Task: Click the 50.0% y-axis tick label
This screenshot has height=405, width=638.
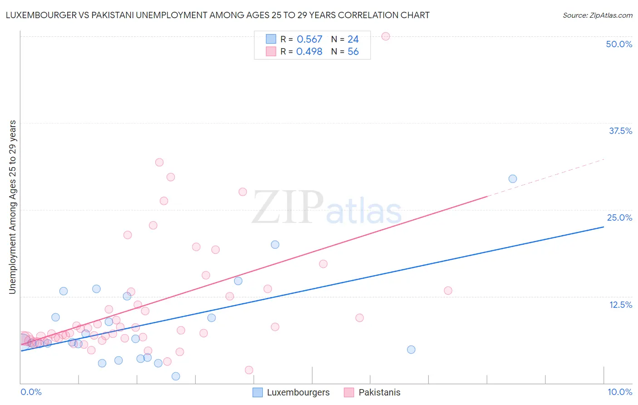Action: click(x=619, y=44)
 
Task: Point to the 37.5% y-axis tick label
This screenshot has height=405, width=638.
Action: click(x=620, y=131)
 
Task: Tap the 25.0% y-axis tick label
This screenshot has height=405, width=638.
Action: click(x=619, y=217)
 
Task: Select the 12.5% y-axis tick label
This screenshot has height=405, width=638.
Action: click(x=620, y=305)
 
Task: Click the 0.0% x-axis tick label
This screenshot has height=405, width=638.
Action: click(x=31, y=392)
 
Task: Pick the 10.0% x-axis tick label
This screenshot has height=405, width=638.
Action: click(x=619, y=392)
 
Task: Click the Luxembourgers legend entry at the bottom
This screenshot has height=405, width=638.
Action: click(x=291, y=392)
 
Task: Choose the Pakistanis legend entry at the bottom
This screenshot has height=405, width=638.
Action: click(x=372, y=392)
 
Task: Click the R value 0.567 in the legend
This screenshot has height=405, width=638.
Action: click(x=309, y=40)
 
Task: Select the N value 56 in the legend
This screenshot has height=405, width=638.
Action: click(x=353, y=52)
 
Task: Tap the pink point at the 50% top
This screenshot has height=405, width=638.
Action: click(x=386, y=36)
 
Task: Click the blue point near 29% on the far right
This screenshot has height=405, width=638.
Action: click(x=513, y=179)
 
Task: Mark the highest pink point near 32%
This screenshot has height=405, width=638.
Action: click(x=159, y=162)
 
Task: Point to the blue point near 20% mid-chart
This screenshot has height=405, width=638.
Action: click(x=275, y=244)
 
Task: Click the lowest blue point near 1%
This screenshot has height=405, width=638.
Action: click(x=176, y=376)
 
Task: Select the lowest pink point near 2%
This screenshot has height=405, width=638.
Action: click(x=249, y=370)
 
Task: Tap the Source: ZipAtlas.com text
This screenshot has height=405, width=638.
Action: click(x=597, y=15)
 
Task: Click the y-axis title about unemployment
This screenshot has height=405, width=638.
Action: click(x=12, y=207)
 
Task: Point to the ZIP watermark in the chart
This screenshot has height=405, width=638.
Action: click(x=288, y=207)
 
